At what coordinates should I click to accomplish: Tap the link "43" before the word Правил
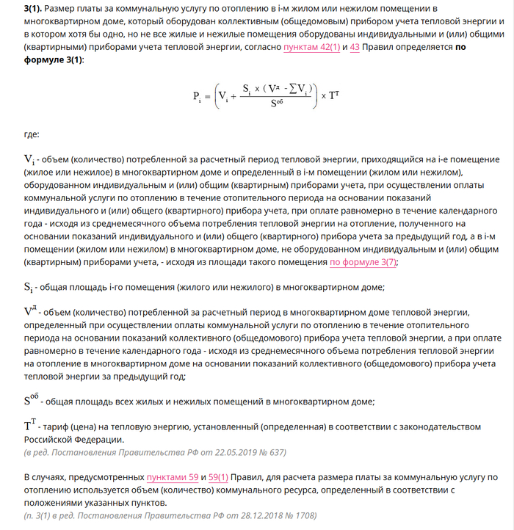[355, 47]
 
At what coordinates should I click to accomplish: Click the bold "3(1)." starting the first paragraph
[32, 9]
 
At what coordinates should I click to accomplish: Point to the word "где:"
[32, 134]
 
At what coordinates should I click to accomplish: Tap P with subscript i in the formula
[197, 96]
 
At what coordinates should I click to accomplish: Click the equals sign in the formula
[208, 95]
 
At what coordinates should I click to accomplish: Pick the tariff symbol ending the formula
[334, 95]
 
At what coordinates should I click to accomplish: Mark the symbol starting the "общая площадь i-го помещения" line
[29, 287]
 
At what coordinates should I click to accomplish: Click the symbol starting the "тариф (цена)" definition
[30, 426]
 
